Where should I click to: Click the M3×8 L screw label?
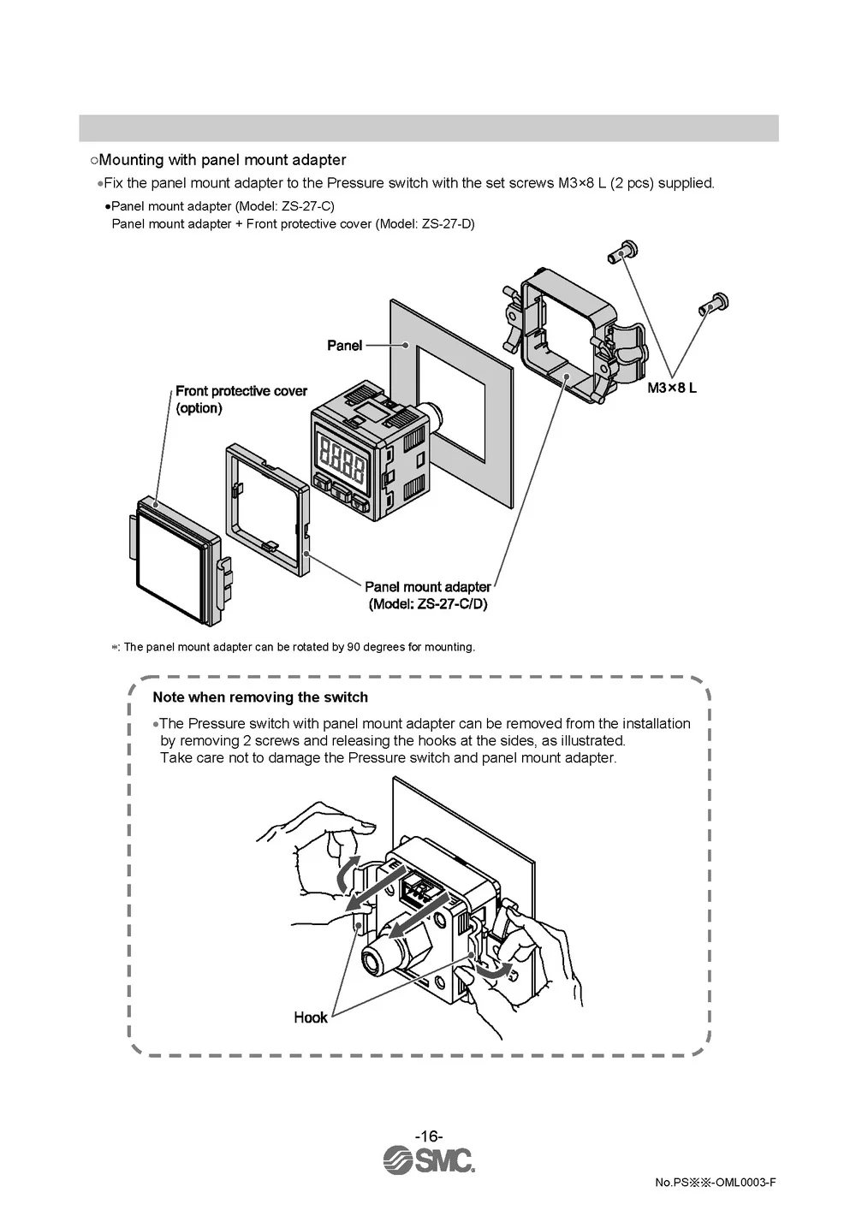pyautogui.click(x=672, y=388)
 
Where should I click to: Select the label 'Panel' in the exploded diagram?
pyautogui.click(x=344, y=345)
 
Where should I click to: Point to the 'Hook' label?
pyautogui.click(x=310, y=1017)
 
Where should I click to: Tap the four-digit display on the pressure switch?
pyautogui.click(x=342, y=455)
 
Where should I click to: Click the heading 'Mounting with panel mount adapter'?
pyautogui.click(x=223, y=160)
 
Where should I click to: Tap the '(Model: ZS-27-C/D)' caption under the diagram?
pyautogui.click(x=428, y=604)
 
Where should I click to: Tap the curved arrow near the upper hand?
pyautogui.click(x=344, y=872)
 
